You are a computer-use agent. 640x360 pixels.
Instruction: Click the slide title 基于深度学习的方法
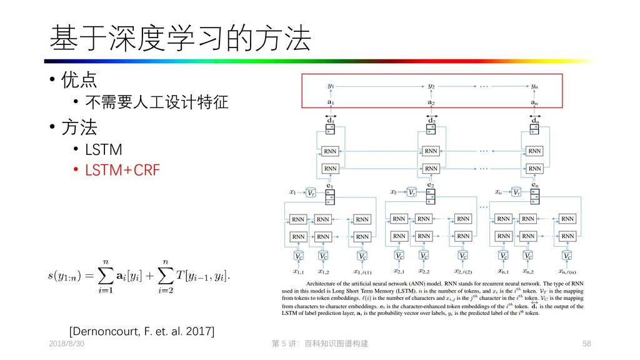[180, 39]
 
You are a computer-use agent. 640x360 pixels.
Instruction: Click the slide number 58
[586, 344]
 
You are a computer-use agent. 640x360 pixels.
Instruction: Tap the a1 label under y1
[331, 102]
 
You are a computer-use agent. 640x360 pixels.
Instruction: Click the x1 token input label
[292, 192]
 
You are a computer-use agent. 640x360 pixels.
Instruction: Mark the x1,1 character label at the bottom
[299, 271]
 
